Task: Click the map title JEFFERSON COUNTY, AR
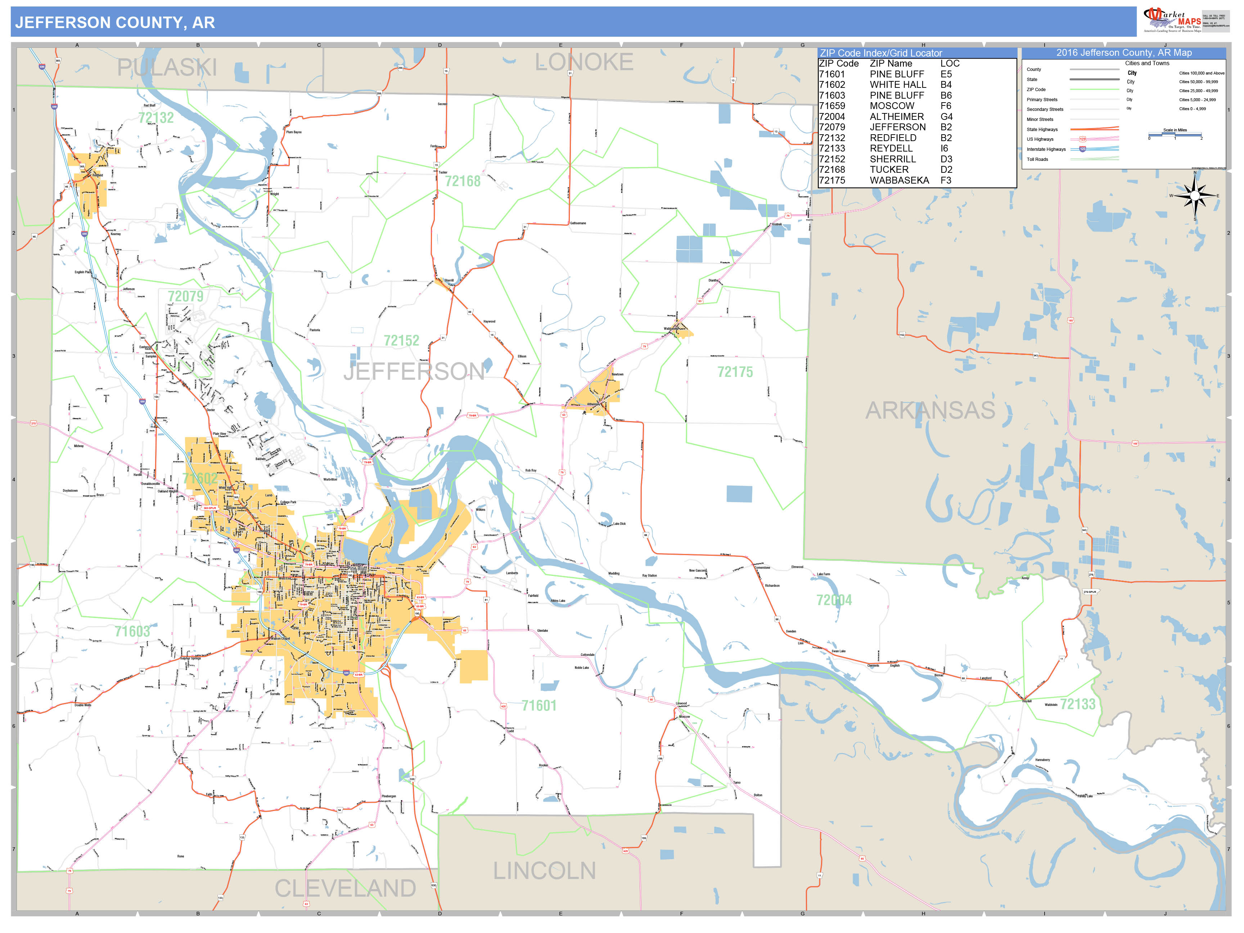[115, 22]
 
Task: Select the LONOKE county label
[584, 62]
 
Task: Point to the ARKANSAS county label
[930, 411]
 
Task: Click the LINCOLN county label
[544, 871]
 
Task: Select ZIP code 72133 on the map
[1078, 704]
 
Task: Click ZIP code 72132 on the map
[156, 118]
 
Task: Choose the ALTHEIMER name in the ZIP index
[896, 116]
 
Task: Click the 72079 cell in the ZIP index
[832, 127]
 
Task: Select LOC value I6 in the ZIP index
[944, 148]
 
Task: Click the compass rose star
[1195, 196]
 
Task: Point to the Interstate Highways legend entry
[1046, 149]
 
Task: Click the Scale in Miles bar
[1175, 135]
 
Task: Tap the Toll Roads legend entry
[1038, 159]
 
